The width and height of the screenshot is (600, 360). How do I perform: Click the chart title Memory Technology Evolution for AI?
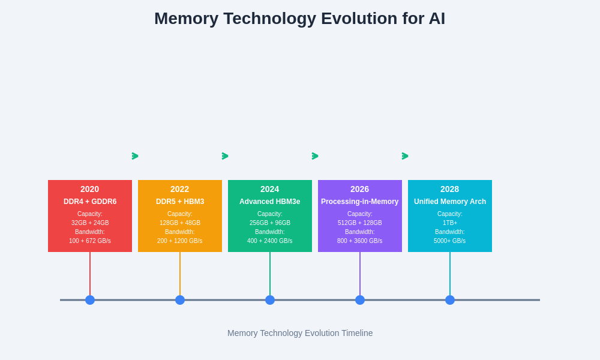[x=299, y=19]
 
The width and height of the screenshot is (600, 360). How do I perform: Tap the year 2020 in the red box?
[x=90, y=189]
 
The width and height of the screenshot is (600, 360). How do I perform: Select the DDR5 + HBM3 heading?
[x=180, y=202]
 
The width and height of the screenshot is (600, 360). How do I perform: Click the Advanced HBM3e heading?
[x=270, y=202]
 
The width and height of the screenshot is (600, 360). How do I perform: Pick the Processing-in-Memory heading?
[x=360, y=202]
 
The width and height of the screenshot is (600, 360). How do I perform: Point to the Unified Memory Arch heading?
[x=450, y=202]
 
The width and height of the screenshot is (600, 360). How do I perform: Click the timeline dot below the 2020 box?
[x=90, y=300]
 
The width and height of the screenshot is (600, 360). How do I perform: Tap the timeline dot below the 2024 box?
[x=270, y=300]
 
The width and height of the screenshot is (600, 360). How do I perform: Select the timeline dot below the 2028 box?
[x=450, y=300]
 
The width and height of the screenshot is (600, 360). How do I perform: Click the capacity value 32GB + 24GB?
[x=90, y=223]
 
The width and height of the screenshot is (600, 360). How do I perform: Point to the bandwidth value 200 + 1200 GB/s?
[x=180, y=241]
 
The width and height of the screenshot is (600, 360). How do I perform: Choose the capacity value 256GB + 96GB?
[x=270, y=223]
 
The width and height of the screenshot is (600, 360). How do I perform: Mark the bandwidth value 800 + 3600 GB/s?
[x=360, y=241]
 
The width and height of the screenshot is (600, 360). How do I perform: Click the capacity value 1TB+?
[x=450, y=223]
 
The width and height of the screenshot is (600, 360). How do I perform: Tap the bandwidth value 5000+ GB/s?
[x=450, y=241]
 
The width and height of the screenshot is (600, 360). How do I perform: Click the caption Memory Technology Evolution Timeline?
[x=300, y=333]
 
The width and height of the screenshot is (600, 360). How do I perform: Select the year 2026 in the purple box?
[x=360, y=189]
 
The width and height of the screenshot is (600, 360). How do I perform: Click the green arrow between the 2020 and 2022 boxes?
[x=135, y=156]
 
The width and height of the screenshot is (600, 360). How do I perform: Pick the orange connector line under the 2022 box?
[x=180, y=273]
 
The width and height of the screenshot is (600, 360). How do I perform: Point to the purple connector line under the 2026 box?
[x=360, y=273]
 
